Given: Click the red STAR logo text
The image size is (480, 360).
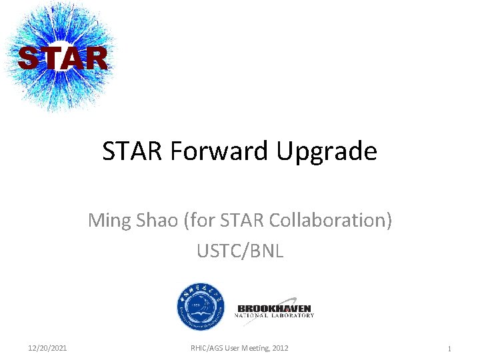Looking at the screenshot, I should (x=62, y=58).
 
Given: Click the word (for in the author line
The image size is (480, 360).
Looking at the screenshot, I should (x=197, y=220).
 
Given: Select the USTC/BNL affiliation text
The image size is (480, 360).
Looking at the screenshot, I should (x=240, y=251).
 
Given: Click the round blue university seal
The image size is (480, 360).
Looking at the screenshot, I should (x=200, y=307).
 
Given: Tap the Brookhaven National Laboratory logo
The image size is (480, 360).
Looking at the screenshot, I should (x=275, y=311).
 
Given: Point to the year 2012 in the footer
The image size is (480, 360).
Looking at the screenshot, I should (x=279, y=348).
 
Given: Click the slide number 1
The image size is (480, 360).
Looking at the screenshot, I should (x=450, y=349).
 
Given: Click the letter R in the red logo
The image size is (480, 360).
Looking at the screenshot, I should (x=95, y=58).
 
